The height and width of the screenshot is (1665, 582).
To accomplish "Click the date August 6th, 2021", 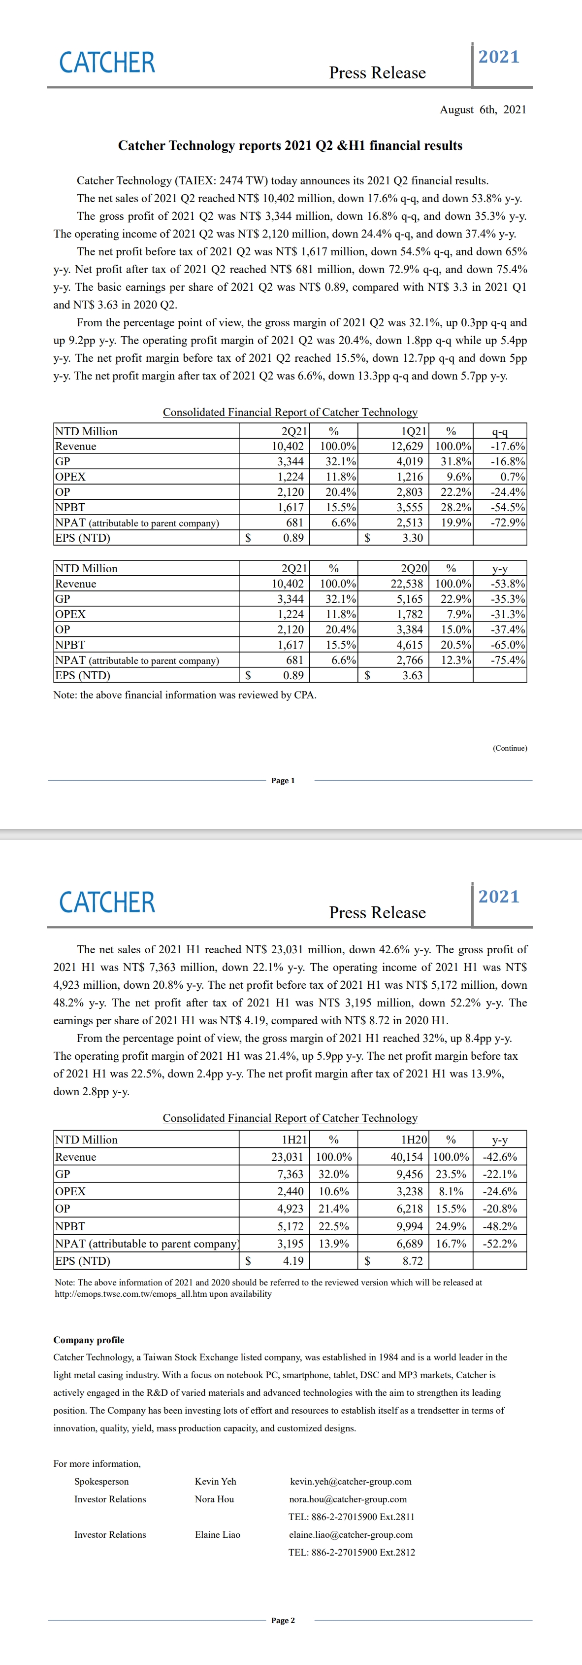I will tap(483, 110).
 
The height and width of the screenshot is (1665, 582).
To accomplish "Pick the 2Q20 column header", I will tap(414, 568).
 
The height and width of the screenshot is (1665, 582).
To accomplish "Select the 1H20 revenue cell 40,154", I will tap(407, 1157).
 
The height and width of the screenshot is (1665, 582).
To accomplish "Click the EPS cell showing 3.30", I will tap(412, 538).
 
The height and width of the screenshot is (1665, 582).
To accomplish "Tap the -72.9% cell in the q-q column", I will tap(508, 522).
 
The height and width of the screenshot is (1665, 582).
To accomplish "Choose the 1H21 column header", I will tap(294, 1140).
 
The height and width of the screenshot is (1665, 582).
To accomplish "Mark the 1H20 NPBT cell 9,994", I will tap(410, 1226).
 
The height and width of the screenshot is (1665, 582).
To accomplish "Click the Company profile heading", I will tap(89, 1340).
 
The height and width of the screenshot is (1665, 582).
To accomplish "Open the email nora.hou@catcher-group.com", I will tap(348, 1499).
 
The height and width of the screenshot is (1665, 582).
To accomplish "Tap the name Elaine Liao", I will tap(217, 1534).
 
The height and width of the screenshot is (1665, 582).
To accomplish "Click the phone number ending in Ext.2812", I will tap(352, 1552).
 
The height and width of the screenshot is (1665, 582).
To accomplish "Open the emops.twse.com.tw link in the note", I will tap(163, 1294).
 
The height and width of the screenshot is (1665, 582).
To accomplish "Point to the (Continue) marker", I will tap(510, 748).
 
